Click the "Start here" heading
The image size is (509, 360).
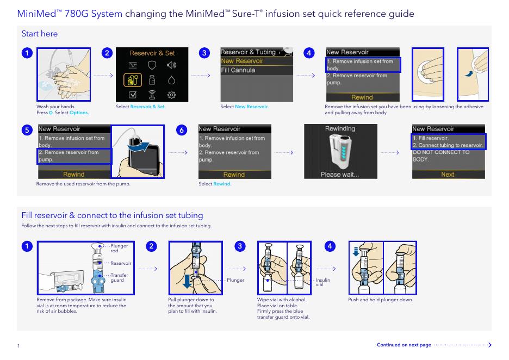click(39, 34)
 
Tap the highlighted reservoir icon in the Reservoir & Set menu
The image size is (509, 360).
click(133, 80)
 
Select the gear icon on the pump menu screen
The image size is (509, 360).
click(171, 95)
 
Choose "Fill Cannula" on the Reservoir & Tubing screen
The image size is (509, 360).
click(238, 70)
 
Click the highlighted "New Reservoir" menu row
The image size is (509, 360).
click(242, 61)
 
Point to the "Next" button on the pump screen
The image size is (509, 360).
click(448, 175)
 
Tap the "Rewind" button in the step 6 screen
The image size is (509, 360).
click(234, 175)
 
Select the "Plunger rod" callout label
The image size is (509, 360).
click(119, 249)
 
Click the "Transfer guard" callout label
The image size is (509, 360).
click(119, 278)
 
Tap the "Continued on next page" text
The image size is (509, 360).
click(404, 345)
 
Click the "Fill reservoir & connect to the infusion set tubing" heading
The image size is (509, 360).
click(112, 215)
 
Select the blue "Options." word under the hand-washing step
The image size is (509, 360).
click(79, 113)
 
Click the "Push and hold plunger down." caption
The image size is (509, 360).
click(381, 300)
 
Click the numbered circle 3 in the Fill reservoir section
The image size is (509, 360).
click(239, 246)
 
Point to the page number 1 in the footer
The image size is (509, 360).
click(18, 346)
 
